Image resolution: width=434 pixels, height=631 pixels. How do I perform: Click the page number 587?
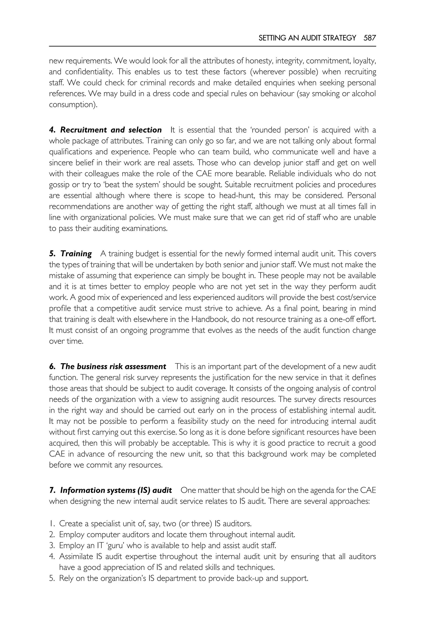coord(370,38)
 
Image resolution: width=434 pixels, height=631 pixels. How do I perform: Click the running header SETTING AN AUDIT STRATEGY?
coord(307,38)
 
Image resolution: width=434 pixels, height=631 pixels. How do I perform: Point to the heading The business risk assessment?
coord(113,367)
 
